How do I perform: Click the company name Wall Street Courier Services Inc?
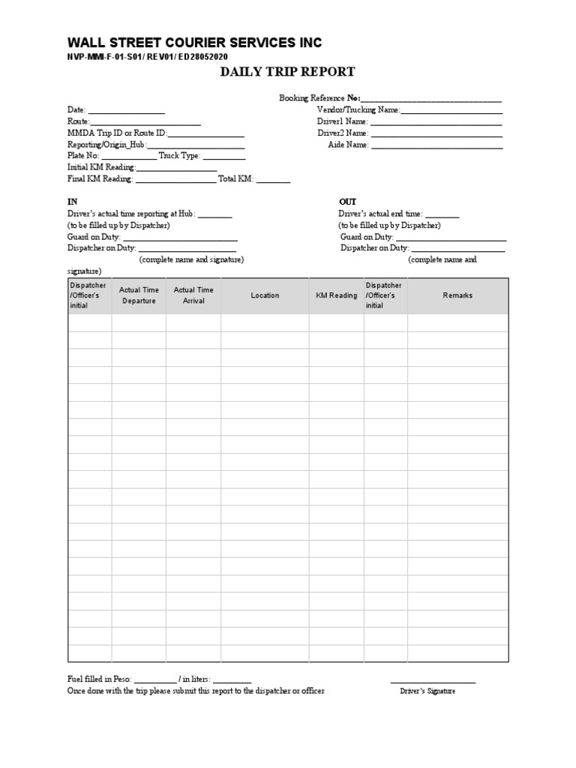point(194,43)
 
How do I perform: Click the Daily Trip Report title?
point(286,72)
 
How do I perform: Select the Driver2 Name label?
point(342,133)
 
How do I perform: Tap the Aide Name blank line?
point(436,145)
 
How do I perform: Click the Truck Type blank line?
point(223,157)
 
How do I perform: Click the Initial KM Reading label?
point(100,168)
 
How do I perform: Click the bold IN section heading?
point(73,202)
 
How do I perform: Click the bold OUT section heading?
point(347,202)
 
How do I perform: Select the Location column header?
point(265,295)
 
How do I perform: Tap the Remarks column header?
point(457,295)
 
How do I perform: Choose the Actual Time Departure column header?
point(139,295)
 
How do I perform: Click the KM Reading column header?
point(336,295)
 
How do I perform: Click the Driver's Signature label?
point(427,691)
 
